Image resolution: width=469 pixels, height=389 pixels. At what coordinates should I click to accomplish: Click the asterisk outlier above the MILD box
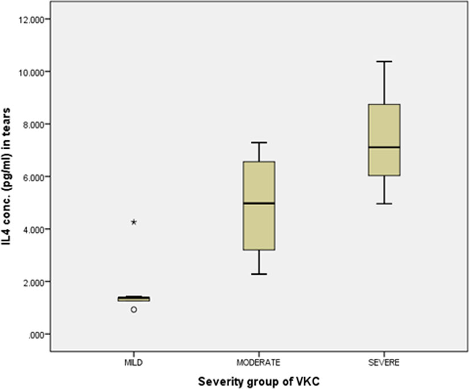click(134, 222)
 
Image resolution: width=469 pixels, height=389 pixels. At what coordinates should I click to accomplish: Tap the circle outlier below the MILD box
click(134, 309)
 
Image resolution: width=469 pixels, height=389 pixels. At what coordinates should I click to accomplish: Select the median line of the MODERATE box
click(259, 203)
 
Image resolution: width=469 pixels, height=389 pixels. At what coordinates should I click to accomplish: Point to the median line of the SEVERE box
click(384, 147)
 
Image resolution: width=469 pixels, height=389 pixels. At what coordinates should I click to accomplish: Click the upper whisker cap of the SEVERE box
click(384, 61)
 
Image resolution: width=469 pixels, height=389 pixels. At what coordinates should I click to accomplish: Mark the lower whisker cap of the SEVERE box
click(384, 204)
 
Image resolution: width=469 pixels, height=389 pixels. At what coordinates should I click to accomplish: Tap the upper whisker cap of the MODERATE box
click(259, 143)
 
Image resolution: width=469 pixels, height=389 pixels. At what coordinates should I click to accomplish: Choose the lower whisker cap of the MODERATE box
click(259, 274)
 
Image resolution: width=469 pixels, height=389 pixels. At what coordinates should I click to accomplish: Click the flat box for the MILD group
click(134, 299)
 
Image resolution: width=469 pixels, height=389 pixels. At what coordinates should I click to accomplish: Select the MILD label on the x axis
click(134, 363)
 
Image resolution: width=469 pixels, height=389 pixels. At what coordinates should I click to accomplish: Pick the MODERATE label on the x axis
click(259, 363)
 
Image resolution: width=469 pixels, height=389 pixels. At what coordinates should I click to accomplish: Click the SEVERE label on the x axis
click(384, 363)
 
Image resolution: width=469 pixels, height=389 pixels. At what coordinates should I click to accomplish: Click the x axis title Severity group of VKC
click(259, 382)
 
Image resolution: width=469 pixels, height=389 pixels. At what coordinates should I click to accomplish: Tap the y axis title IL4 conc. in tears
click(6, 177)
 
